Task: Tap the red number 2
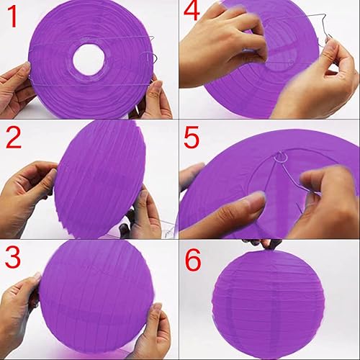point(14,138)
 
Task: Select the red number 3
point(13,257)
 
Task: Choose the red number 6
point(193,260)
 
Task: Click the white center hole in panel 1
point(89,59)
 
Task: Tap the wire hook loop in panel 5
point(281,157)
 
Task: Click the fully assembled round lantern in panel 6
point(269,305)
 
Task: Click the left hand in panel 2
point(27,197)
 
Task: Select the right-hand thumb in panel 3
point(157,315)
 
